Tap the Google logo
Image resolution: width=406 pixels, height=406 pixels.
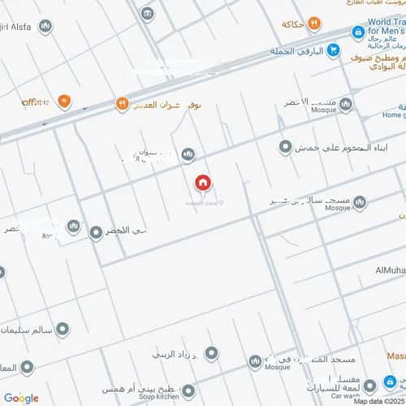20,397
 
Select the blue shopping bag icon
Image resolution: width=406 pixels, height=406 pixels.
356,32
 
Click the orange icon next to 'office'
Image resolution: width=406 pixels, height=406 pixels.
64,102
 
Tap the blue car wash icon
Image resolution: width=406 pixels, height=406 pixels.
370,386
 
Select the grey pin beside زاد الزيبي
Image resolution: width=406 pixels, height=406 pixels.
212,353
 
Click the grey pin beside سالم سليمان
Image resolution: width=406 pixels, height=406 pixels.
61,329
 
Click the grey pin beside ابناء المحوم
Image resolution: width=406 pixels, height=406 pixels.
285,147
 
